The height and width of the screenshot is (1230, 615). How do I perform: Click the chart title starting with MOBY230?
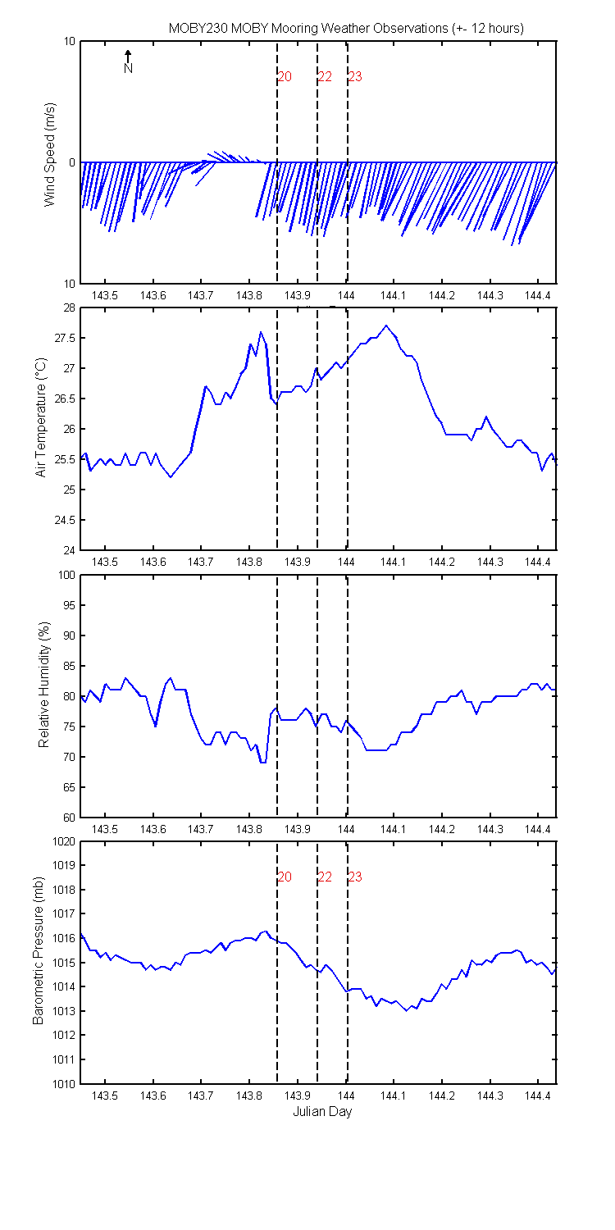pos(346,29)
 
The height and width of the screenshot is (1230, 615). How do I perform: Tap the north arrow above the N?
pos(128,56)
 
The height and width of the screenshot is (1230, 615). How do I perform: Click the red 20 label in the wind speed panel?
pos(285,77)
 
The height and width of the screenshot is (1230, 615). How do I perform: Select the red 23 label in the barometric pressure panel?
pos(355,877)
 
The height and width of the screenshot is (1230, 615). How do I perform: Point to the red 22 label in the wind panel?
pos(325,77)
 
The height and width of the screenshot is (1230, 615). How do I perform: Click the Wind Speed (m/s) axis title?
pos(50,154)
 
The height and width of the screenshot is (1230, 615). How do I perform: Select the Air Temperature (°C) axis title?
pos(41,417)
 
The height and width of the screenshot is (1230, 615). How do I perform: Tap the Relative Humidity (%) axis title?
pos(44,685)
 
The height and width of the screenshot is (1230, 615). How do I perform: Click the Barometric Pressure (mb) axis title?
pos(38,950)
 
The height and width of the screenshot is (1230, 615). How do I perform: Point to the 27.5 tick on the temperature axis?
pos(65,338)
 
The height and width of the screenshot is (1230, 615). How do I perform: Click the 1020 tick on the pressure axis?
pos(64,842)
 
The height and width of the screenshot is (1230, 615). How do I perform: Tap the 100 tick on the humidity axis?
pos(66,575)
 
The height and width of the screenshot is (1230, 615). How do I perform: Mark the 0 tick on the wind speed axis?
pos(72,162)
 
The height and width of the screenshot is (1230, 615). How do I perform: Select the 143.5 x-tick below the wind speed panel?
pos(104,295)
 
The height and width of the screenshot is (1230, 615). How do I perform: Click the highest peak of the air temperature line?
pos(386,326)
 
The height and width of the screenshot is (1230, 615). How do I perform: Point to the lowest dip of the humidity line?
pos(263,762)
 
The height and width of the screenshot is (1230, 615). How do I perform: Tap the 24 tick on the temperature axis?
pos(69,551)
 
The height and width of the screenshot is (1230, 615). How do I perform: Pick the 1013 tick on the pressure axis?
pos(64,1011)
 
